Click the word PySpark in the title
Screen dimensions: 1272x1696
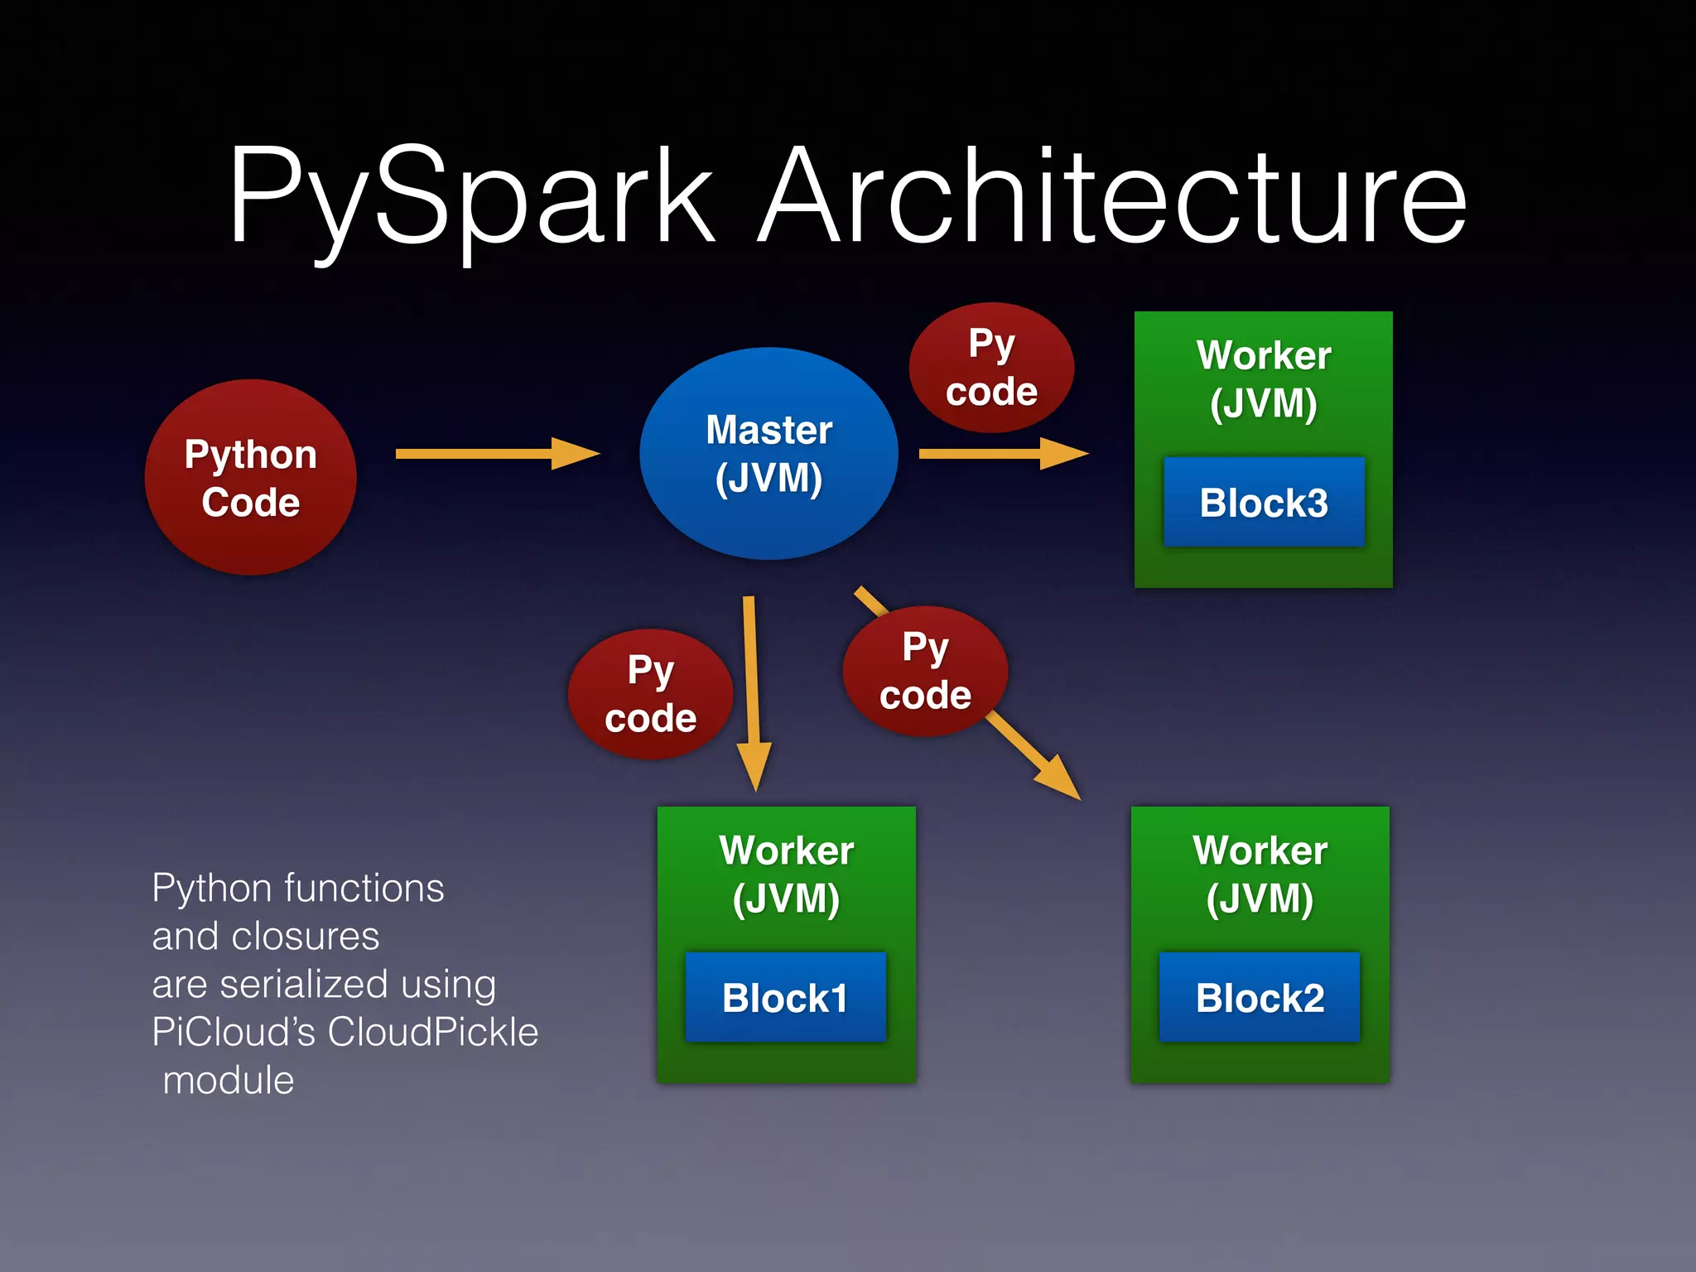coord(472,199)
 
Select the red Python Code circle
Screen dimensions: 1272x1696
coord(251,478)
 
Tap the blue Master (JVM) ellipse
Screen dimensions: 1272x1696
coord(768,454)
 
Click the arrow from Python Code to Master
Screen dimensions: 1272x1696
coord(497,453)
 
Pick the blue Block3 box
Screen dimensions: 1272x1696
coord(1264,502)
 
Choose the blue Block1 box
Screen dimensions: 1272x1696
coord(785,997)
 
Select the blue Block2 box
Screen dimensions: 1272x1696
coord(1260,997)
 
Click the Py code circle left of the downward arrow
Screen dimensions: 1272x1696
coord(651,694)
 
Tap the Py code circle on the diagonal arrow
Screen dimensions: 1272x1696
coord(925,671)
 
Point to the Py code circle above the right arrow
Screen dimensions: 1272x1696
coord(991,368)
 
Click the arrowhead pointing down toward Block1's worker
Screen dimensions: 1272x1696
coord(754,766)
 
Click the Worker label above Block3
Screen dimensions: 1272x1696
coord(1264,355)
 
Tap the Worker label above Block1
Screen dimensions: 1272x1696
coord(786,850)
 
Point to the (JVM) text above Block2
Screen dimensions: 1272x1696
coord(1260,899)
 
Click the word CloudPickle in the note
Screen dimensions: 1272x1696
coord(432,1032)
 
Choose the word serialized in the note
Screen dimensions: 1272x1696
coord(304,984)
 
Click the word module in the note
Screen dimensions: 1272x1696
coord(229,1080)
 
